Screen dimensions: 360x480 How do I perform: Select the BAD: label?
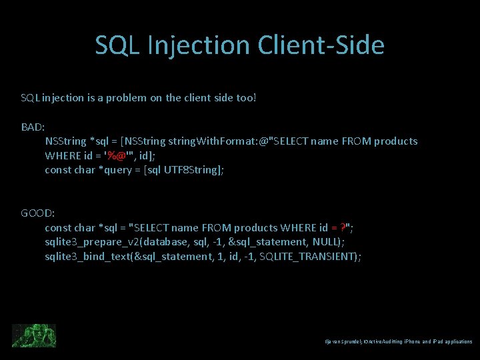click(33, 127)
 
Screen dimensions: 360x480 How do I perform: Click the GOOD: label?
click(38, 213)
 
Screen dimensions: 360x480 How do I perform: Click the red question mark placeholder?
click(343, 228)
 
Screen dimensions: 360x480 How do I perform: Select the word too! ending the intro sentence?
click(246, 98)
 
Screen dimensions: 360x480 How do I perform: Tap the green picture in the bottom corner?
click(34, 335)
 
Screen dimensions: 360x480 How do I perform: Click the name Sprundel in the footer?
click(353, 341)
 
